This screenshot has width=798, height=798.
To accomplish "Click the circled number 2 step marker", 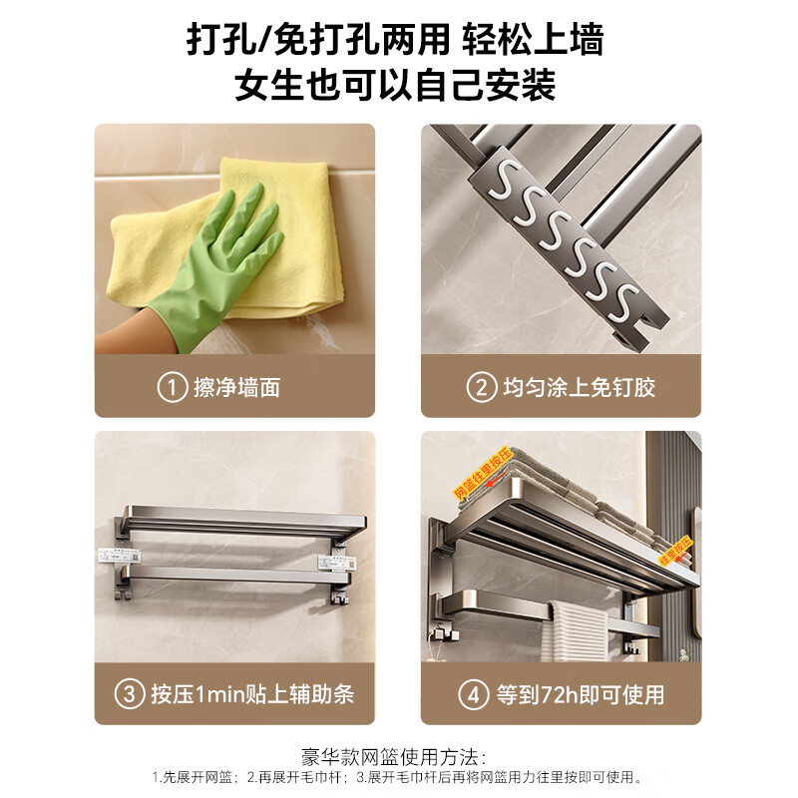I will (482, 387).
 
